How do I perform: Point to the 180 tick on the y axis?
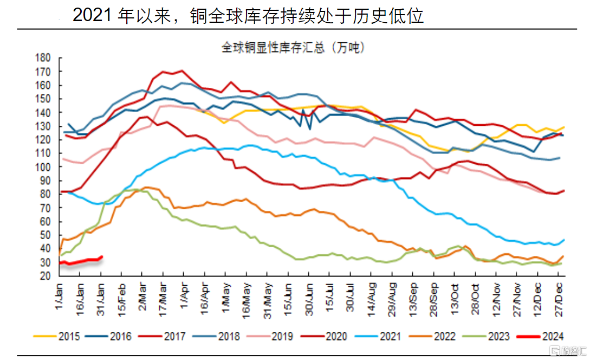click(43, 58)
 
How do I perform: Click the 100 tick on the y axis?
click(43, 167)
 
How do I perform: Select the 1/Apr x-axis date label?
click(184, 295)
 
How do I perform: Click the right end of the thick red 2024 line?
click(102, 256)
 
